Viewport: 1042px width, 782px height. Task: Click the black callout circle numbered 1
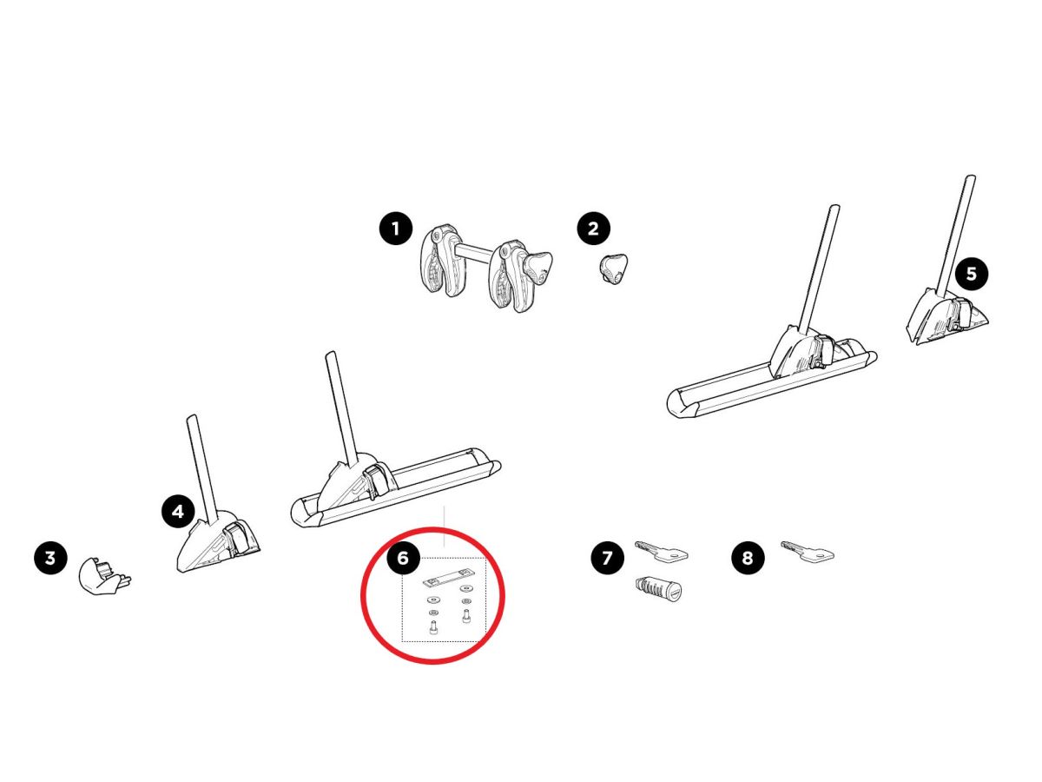coord(395,229)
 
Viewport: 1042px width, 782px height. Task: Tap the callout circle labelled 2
coord(593,229)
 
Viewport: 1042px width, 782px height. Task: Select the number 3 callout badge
coord(50,558)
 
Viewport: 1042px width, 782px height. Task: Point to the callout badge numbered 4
coord(178,512)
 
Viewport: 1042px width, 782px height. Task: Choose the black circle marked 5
coord(972,274)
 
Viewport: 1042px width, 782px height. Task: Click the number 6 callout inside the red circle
coord(403,558)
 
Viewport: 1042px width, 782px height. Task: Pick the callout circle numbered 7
coord(607,558)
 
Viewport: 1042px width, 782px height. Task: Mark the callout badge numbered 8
coord(748,558)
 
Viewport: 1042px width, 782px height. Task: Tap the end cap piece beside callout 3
coord(103,576)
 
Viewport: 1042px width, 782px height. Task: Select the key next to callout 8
coord(807,551)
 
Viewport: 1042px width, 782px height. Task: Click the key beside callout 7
coord(661,551)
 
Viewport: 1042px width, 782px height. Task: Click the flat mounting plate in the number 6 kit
coord(448,580)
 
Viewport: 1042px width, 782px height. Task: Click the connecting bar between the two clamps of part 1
coord(476,251)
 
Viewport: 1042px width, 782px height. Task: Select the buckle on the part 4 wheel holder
coord(236,536)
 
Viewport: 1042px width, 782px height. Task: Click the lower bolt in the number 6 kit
coord(433,627)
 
